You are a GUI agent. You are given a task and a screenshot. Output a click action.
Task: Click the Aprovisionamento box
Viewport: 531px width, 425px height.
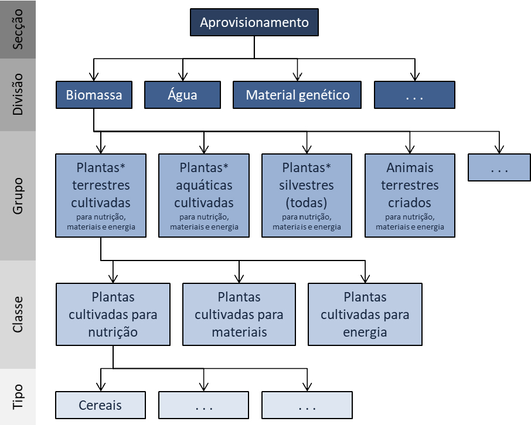pos(254,23)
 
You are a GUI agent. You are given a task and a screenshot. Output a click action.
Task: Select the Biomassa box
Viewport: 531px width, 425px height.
pos(94,95)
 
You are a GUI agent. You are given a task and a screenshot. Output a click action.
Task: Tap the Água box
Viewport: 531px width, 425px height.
pos(183,95)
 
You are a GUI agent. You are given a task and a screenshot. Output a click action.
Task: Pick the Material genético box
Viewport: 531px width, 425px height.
pos(298,95)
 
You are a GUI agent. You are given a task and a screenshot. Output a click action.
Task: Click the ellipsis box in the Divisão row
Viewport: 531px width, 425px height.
pos(414,95)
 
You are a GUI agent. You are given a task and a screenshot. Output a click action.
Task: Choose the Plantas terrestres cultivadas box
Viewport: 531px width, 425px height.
pos(101,195)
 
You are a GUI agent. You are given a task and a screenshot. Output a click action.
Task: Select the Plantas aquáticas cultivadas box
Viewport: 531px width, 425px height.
pos(204,195)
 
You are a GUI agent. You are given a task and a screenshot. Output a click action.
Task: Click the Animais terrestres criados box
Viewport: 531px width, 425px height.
pos(410,195)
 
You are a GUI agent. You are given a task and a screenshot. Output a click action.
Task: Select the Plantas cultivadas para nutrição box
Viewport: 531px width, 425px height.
pos(113,314)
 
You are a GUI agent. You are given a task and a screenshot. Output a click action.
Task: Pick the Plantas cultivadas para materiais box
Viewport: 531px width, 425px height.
pos(239,314)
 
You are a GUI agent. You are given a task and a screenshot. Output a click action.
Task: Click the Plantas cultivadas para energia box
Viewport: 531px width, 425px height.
pos(365,314)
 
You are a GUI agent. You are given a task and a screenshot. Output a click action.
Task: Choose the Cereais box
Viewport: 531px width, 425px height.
pos(100,405)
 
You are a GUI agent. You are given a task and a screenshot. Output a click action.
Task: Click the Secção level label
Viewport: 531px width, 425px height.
pos(18,29)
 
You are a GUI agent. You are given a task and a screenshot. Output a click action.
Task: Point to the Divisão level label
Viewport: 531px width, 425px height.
pos(18,94)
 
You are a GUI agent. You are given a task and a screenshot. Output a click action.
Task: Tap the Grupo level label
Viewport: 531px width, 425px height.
pos(18,196)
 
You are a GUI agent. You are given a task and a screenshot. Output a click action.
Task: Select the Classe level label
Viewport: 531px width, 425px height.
pos(18,314)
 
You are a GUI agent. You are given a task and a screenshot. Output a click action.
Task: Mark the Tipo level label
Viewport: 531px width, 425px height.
pos(18,397)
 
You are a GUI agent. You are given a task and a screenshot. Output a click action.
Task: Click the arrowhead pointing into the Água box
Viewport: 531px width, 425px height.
pos(183,77)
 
